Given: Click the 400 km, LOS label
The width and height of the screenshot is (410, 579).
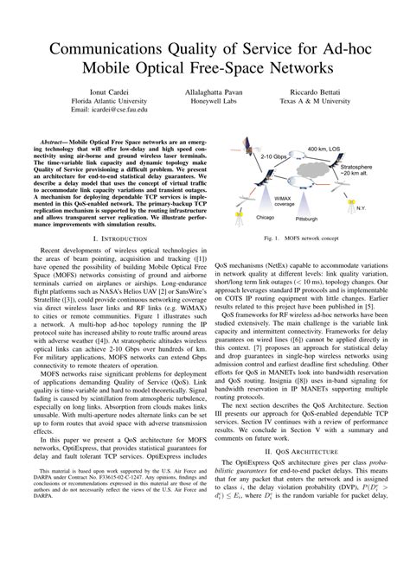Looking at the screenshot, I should (x=324, y=150).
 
